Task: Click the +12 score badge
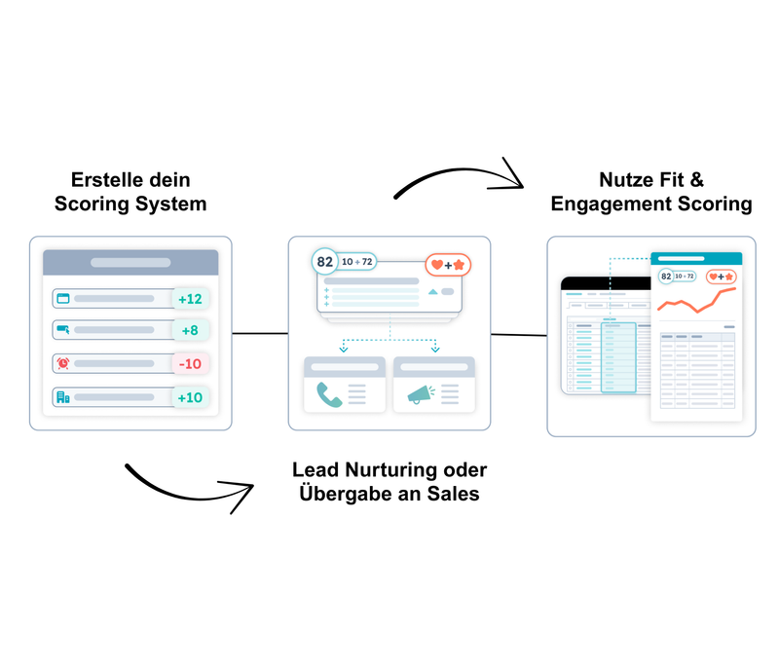[x=190, y=299]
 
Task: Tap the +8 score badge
[x=190, y=331]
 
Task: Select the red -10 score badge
[x=190, y=364]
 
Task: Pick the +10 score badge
[x=190, y=397]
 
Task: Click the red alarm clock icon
[x=63, y=364]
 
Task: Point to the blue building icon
[x=63, y=397]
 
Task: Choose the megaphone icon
[x=419, y=394]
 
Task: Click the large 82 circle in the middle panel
[x=325, y=262]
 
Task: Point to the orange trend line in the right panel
[x=696, y=302]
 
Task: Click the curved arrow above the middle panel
[x=458, y=176]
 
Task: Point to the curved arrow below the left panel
[x=190, y=486]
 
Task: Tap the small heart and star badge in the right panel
[x=721, y=277]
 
